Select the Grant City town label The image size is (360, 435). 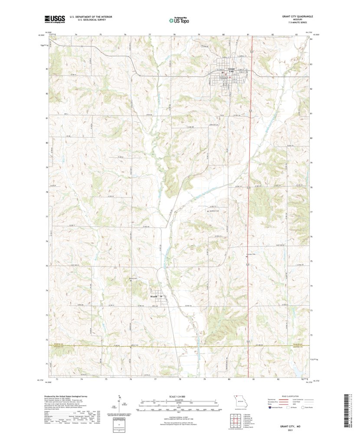tap(232, 70)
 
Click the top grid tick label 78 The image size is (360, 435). tap(174, 34)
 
